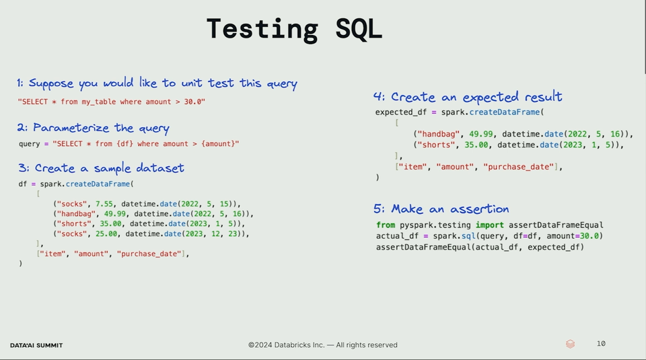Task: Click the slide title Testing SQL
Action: (294, 29)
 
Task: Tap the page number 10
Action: (601, 344)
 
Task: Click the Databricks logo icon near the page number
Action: (570, 344)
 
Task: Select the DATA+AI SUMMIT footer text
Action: (36, 345)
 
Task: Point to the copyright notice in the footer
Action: (322, 345)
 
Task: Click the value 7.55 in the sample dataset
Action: (104, 204)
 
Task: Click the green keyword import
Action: (489, 225)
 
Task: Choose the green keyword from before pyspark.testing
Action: (386, 225)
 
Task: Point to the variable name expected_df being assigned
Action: (401, 112)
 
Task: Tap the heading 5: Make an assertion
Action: (441, 209)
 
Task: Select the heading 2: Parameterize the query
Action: (93, 128)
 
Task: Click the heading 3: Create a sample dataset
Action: (101, 168)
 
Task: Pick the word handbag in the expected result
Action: (438, 134)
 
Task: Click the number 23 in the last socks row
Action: (234, 233)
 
